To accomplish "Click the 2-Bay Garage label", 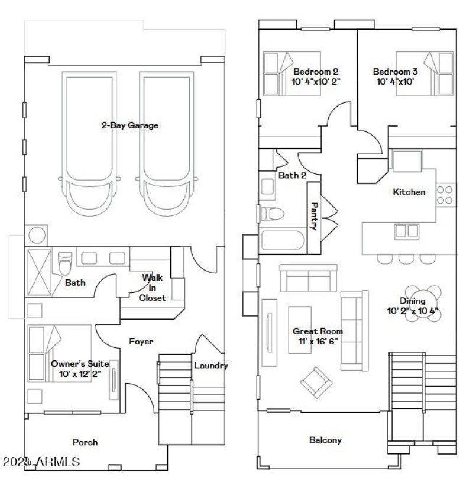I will click(129, 125).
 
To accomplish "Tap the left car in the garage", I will click(89, 148).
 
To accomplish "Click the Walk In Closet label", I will click(152, 288).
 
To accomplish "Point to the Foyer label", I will click(141, 342).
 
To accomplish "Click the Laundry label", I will click(211, 365).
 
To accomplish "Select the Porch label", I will click(85, 442).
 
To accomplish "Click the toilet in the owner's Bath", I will click(65, 263).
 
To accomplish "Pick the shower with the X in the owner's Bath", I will click(39, 271).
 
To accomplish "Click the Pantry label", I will click(315, 216).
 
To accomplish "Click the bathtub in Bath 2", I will click(283, 241).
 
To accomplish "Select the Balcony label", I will click(325, 440).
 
